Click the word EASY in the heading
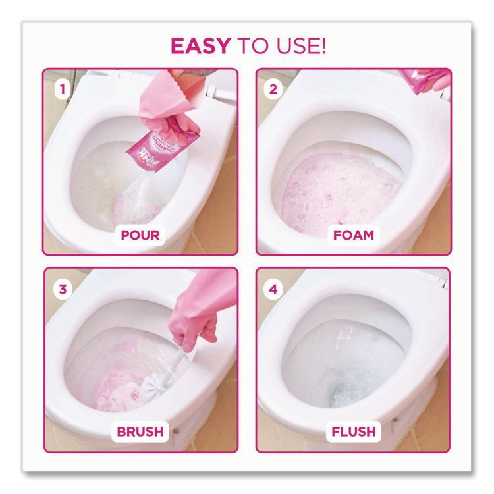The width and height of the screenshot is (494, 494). click(x=200, y=46)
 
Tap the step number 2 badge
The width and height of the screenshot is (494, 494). click(x=273, y=88)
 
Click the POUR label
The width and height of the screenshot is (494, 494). click(x=140, y=234)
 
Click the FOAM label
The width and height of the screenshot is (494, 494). click(x=354, y=234)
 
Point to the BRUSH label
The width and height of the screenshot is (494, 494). click(x=140, y=432)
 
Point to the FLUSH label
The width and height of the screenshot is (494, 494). click(x=354, y=432)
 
